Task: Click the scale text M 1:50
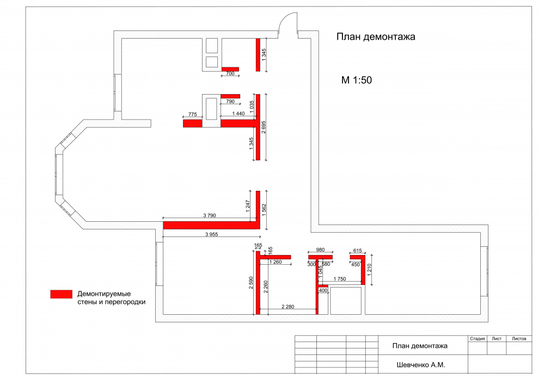(357, 80)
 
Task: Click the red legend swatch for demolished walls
(62, 294)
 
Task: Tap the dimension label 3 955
(212, 234)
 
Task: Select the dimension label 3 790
(210, 215)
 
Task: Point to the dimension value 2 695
(264, 127)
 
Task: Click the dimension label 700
(230, 73)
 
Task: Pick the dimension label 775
(193, 115)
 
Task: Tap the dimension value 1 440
(239, 114)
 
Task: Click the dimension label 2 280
(288, 307)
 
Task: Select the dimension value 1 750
(340, 279)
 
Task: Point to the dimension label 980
(320, 250)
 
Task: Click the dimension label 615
(358, 251)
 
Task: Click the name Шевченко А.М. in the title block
(421, 365)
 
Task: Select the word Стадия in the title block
(477, 339)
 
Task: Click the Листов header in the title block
(519, 339)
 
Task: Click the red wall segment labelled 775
(192, 123)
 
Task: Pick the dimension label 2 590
(251, 283)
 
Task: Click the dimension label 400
(323, 290)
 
